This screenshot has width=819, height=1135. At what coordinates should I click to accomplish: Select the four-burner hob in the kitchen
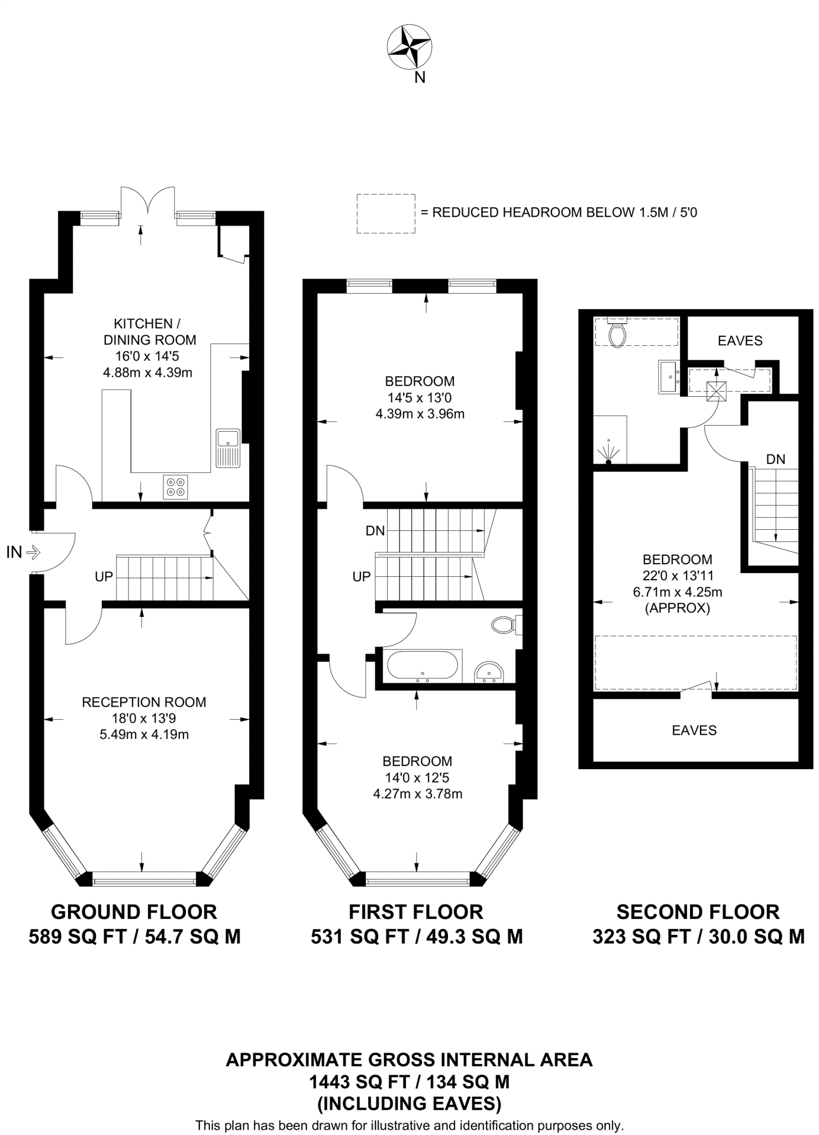pos(176,487)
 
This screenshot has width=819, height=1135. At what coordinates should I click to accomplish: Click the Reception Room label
pos(144,702)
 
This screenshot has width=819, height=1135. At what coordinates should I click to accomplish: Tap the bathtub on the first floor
pos(423,666)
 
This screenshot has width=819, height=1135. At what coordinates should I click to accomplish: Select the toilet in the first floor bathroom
pos(504,625)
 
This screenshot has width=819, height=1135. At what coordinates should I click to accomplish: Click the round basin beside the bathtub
pos(488,672)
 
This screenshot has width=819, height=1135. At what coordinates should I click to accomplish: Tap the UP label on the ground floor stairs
pos(104,577)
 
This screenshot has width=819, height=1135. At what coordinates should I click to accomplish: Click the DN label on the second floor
pos(775,459)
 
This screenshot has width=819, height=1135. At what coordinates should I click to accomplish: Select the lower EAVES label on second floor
pos(694,730)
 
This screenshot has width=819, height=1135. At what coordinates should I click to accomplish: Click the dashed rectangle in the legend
pos(385,213)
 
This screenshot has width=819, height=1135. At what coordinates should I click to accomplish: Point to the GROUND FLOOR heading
pos(134,912)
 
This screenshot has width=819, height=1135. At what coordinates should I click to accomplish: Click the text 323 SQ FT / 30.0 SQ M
pos(698,937)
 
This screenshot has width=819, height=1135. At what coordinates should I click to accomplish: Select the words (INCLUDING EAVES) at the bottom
pos(409,1104)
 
